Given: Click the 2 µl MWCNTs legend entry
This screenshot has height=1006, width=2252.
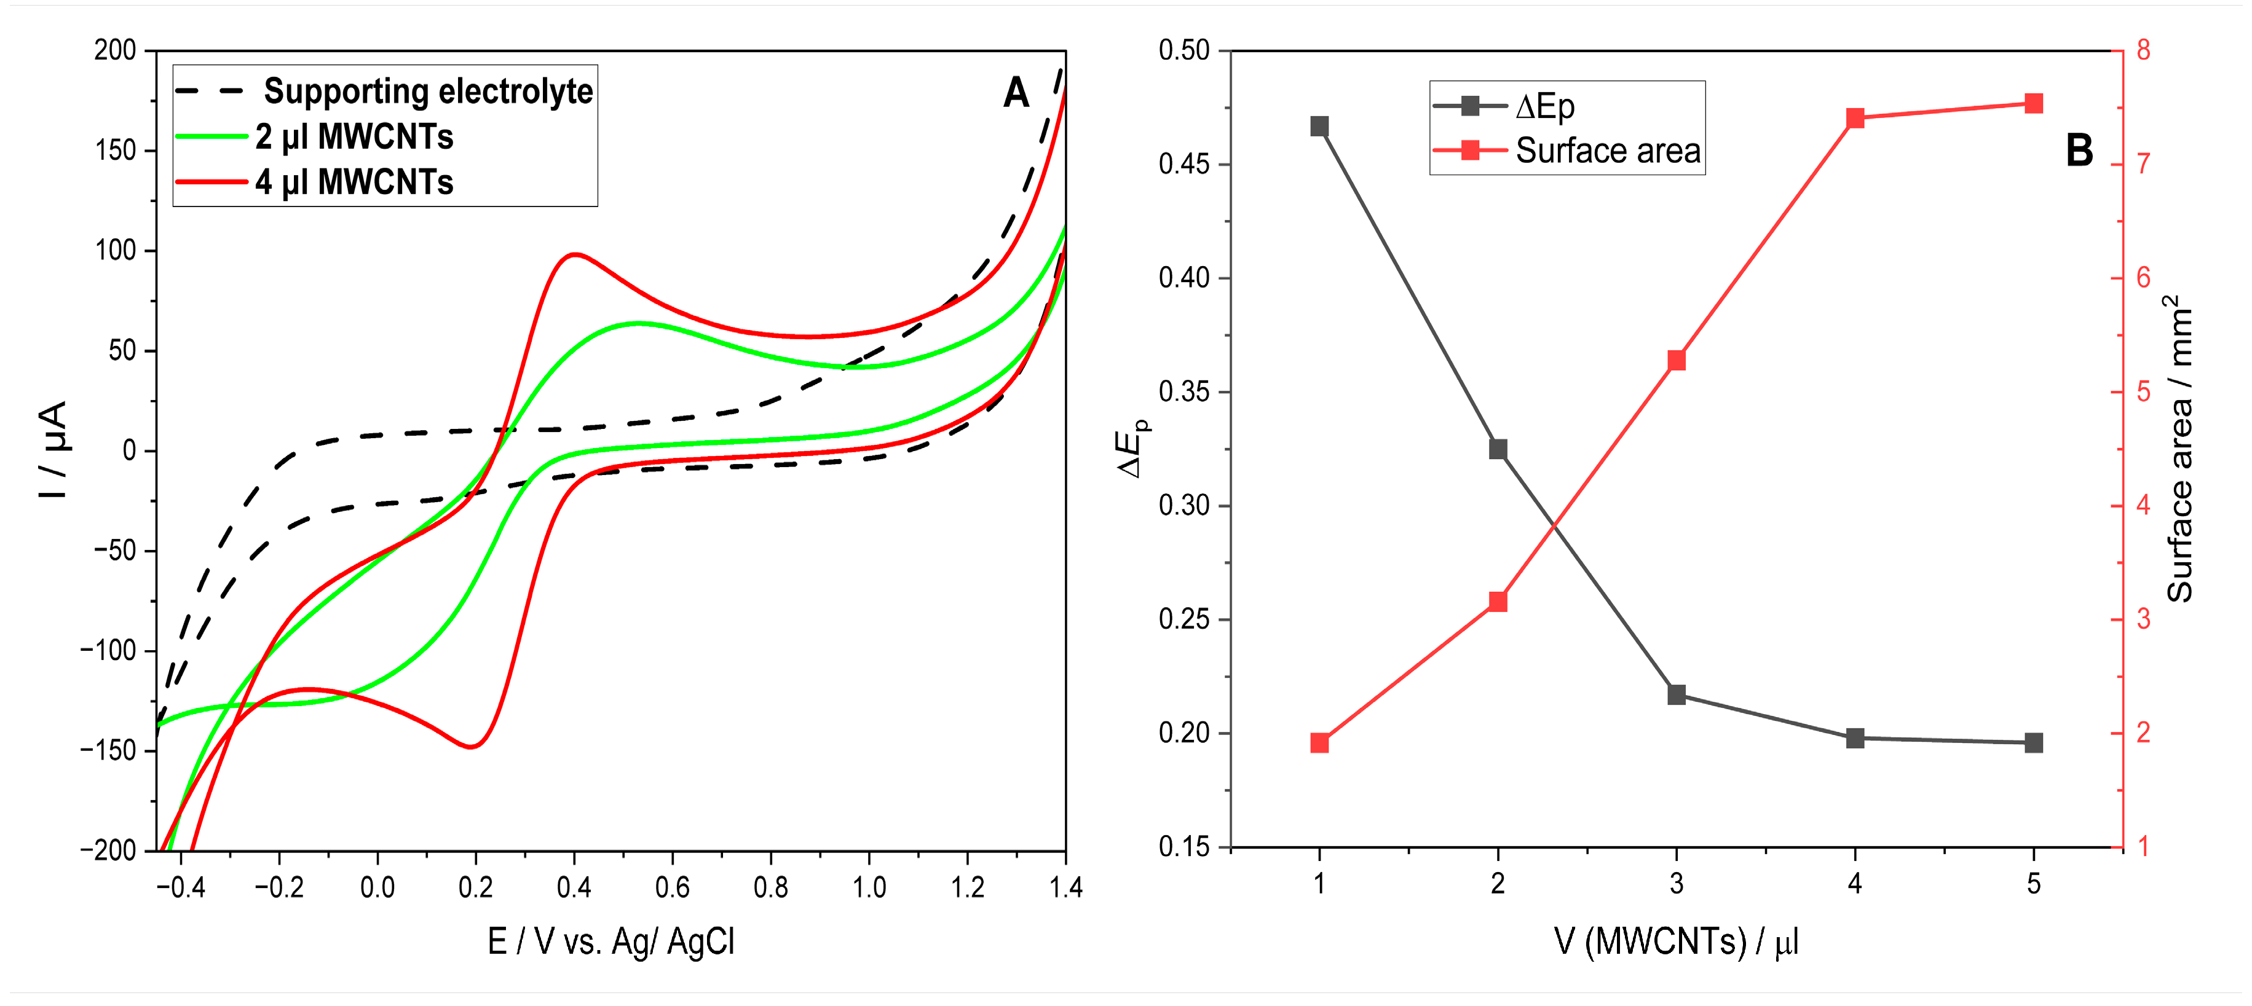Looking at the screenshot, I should [354, 137].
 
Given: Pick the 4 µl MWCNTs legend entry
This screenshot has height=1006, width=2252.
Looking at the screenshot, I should [354, 183].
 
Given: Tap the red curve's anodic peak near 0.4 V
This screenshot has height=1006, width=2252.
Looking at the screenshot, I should [574, 254].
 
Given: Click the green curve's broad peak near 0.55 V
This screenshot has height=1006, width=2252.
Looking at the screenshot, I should [638, 323].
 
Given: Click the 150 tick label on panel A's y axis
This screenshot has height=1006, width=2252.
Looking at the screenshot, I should [116, 151].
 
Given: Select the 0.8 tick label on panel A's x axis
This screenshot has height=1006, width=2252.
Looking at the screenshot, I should [770, 887].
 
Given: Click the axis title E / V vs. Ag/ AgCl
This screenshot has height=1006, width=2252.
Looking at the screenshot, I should [611, 941].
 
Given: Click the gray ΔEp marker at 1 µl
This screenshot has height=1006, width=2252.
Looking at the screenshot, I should [1320, 127].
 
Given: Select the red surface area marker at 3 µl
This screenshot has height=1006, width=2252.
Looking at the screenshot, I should [1677, 361].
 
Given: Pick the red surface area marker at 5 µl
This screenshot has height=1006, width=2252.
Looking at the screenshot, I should [2034, 104].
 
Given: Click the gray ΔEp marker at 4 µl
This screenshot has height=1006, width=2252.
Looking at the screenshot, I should [1855, 737].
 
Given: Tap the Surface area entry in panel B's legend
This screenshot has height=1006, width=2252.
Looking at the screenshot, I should [1607, 151].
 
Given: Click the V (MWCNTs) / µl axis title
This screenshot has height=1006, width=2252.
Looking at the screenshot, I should [1676, 941].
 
